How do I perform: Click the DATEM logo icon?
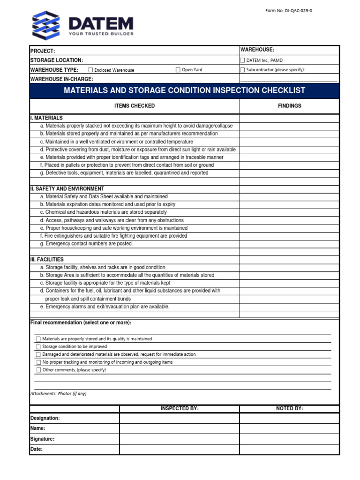(x=46, y=25)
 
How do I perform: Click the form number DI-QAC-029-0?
(x=288, y=11)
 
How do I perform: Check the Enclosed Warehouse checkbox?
(x=90, y=70)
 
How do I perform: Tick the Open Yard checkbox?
(x=178, y=70)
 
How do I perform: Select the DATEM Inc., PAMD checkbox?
(x=242, y=60)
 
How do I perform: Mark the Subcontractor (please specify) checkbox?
(x=242, y=70)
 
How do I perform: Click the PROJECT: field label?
(x=43, y=51)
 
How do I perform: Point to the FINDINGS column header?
(x=289, y=106)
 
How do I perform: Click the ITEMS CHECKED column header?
(x=135, y=106)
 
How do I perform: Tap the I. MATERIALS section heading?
(x=46, y=118)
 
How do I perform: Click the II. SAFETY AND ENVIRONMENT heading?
(x=67, y=189)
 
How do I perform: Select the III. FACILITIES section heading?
(x=47, y=259)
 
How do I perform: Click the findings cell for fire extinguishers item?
(x=289, y=236)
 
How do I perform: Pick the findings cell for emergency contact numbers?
(x=289, y=244)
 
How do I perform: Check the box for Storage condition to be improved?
(x=38, y=347)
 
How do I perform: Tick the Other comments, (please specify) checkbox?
(x=38, y=370)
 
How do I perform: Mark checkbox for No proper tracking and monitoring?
(x=38, y=362)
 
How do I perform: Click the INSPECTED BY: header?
(x=180, y=409)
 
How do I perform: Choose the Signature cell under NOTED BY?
(x=289, y=439)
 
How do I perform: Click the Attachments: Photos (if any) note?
(x=59, y=394)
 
